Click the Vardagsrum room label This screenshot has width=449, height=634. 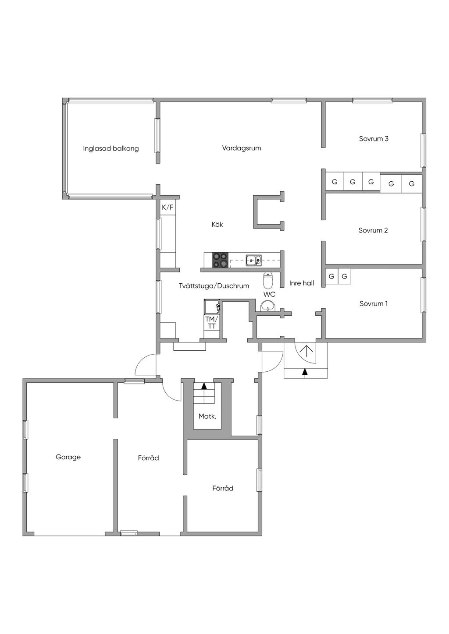coord(242,148)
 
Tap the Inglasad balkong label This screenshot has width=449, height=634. coord(111,148)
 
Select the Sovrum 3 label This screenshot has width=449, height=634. coord(374,139)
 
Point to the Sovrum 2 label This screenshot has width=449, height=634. coord(373,230)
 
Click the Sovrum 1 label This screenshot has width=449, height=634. coord(373,304)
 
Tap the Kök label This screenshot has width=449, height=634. coord(217,225)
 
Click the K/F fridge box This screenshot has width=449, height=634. coord(168,208)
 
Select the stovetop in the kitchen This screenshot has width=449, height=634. coord(221,260)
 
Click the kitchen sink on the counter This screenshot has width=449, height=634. coord(254,261)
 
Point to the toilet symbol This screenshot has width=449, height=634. coord(268,279)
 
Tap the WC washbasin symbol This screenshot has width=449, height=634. coord(268,306)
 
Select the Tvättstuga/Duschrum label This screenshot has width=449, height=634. coord(214,286)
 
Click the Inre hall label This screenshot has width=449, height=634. coord(302,283)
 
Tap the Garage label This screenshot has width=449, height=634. coord(68,457)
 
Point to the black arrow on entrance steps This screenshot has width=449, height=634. coord(305,372)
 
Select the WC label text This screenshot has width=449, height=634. coord(269,295)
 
